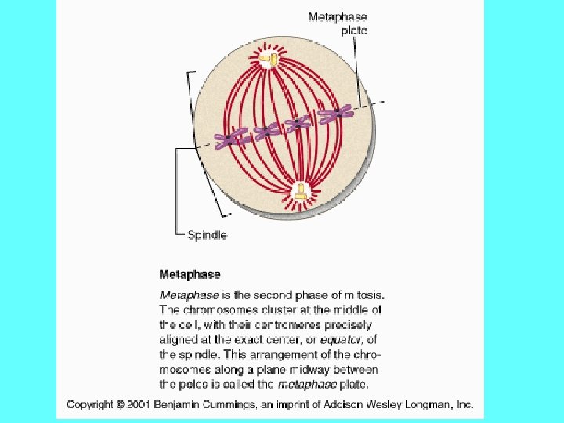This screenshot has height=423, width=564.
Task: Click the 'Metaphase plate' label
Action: tap(337, 23)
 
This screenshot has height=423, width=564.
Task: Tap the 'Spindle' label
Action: tap(207, 234)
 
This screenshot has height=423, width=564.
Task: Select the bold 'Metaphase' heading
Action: tap(190, 274)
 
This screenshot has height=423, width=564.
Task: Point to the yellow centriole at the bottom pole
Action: tap(300, 191)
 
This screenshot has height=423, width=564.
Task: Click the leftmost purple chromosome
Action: tap(232, 139)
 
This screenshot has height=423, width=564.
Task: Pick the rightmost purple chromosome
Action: tap(335, 115)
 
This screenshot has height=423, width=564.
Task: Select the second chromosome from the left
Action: tap(267, 130)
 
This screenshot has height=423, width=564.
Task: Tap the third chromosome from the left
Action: tap(298, 122)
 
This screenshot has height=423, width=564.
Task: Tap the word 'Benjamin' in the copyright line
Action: tap(179, 405)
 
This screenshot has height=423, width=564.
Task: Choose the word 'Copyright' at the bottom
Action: tap(91, 405)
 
